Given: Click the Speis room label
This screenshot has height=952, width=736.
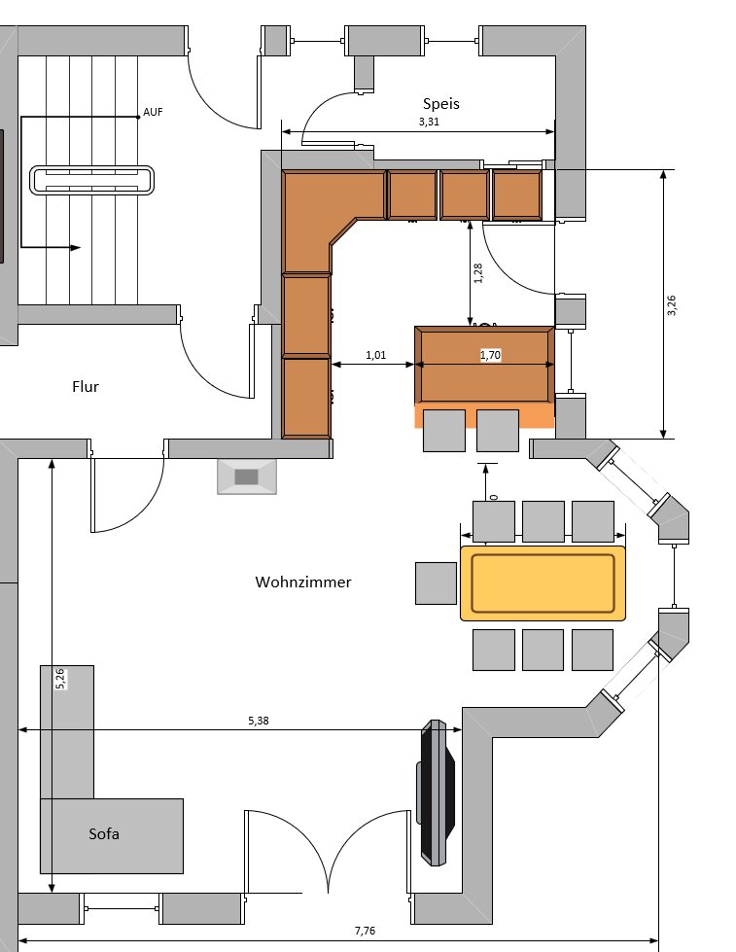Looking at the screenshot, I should [440, 103].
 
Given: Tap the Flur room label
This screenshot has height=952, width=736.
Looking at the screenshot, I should [86, 386].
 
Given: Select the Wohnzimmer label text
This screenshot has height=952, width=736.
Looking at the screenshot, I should [302, 582].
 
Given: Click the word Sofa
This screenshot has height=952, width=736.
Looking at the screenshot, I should [103, 834].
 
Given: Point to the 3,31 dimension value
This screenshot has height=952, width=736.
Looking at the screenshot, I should [429, 123].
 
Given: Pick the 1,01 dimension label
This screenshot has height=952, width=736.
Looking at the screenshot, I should [375, 355].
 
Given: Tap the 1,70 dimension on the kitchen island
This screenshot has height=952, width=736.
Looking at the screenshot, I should [490, 356].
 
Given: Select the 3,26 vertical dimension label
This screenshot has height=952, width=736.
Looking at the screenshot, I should [671, 304].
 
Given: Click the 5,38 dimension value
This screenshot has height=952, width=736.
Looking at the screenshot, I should [259, 721].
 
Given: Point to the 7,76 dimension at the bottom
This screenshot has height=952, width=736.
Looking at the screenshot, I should [365, 931].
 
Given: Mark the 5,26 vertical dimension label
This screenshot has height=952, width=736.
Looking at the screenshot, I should [61, 679].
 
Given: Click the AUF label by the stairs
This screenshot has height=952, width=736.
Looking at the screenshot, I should [153, 113].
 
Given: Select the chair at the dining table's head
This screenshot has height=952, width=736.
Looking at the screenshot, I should [436, 582].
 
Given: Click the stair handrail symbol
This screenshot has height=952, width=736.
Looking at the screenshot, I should [92, 181].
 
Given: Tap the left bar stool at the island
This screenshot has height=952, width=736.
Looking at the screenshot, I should [444, 431].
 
